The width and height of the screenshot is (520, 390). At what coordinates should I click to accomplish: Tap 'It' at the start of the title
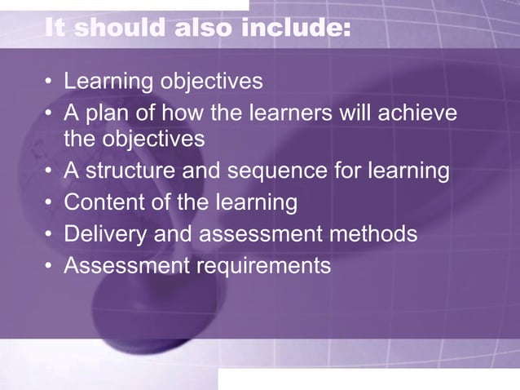(x=55, y=29)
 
